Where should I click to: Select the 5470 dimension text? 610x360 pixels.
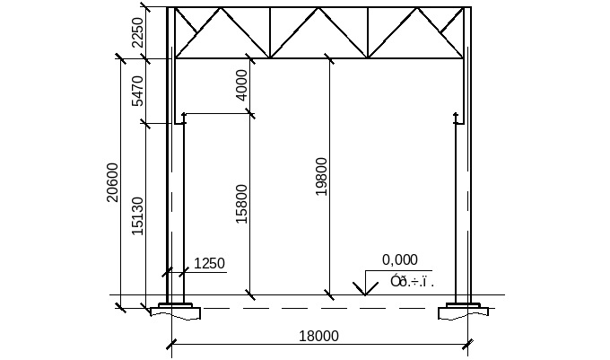click(137, 91)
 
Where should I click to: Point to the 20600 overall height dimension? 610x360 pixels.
click(112, 182)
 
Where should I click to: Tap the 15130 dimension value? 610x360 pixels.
click(137, 215)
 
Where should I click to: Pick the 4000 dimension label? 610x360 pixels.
click(241, 86)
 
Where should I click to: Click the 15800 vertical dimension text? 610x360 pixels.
click(241, 205)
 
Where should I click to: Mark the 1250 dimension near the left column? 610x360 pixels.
click(208, 264)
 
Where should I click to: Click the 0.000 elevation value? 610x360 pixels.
click(400, 260)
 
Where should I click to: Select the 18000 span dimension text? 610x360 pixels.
click(318, 337)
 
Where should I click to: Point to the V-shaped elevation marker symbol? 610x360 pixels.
click(364, 288)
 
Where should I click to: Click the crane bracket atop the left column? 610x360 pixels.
click(183, 118)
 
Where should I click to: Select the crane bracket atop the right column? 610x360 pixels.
click(457, 118)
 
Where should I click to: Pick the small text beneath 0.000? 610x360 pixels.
click(412, 282)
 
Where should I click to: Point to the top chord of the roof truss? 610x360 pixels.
click(318, 9)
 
